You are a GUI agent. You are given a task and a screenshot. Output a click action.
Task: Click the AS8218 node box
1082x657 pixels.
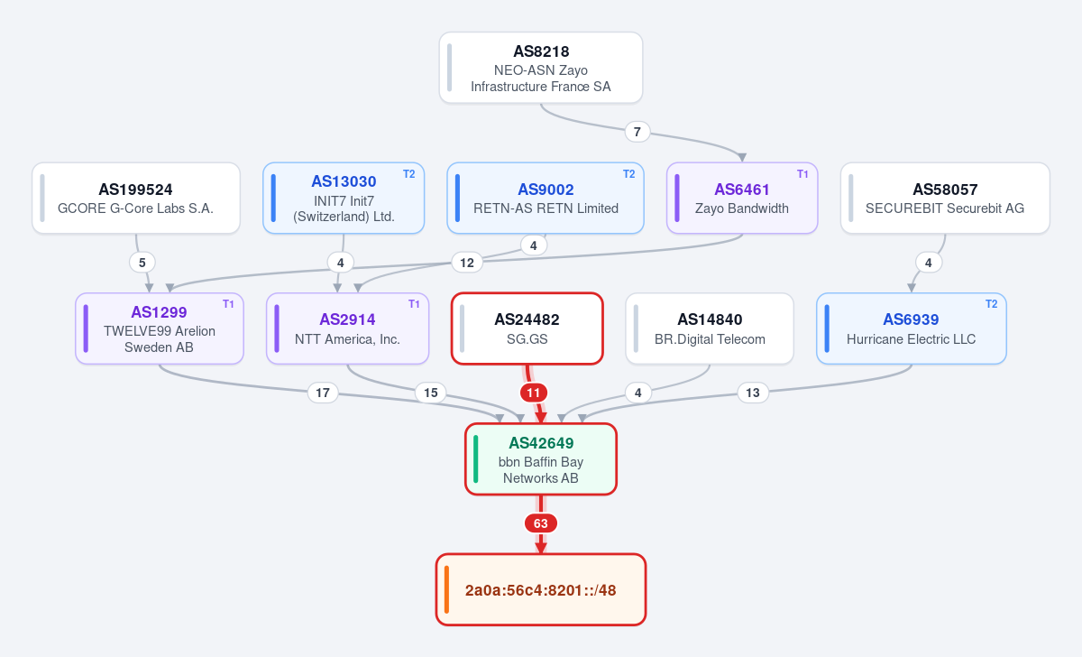click(x=540, y=68)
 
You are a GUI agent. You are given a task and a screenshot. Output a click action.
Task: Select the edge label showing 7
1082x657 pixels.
click(x=637, y=132)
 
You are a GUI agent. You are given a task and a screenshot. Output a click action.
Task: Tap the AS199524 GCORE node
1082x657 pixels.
click(x=136, y=199)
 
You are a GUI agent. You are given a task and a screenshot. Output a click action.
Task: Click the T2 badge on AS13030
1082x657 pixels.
click(x=409, y=174)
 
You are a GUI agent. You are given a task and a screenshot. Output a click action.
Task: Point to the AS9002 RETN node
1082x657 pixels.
click(x=546, y=199)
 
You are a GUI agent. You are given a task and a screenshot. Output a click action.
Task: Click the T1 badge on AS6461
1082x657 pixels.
click(x=802, y=174)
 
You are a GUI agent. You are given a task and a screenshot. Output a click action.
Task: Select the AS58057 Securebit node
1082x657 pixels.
click(x=945, y=199)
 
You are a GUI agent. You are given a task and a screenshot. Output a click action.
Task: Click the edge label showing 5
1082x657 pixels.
click(x=142, y=263)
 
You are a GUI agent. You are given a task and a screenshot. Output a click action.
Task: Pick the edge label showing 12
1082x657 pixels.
click(x=467, y=263)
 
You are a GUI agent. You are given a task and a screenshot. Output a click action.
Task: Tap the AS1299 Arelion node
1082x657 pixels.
click(x=160, y=328)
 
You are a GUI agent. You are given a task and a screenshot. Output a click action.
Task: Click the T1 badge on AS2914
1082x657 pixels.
click(x=414, y=304)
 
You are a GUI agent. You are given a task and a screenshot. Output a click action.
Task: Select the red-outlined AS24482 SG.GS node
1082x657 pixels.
click(x=527, y=328)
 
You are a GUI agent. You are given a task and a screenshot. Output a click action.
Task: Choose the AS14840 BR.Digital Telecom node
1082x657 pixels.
click(x=710, y=328)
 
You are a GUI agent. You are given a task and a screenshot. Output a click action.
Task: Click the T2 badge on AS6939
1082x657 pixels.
click(x=991, y=304)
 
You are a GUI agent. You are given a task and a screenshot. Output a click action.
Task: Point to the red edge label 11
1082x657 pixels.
click(x=533, y=393)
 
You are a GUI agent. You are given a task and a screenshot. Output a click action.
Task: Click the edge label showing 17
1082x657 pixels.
click(x=323, y=393)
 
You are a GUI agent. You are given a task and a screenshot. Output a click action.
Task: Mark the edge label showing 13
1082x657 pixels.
click(x=753, y=393)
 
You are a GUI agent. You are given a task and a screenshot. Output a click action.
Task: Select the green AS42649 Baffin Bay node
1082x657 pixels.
click(x=541, y=459)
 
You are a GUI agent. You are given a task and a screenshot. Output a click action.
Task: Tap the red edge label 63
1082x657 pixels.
click(x=540, y=523)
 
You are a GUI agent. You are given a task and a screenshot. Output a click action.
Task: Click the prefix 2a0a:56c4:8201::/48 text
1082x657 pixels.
click(x=540, y=590)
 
